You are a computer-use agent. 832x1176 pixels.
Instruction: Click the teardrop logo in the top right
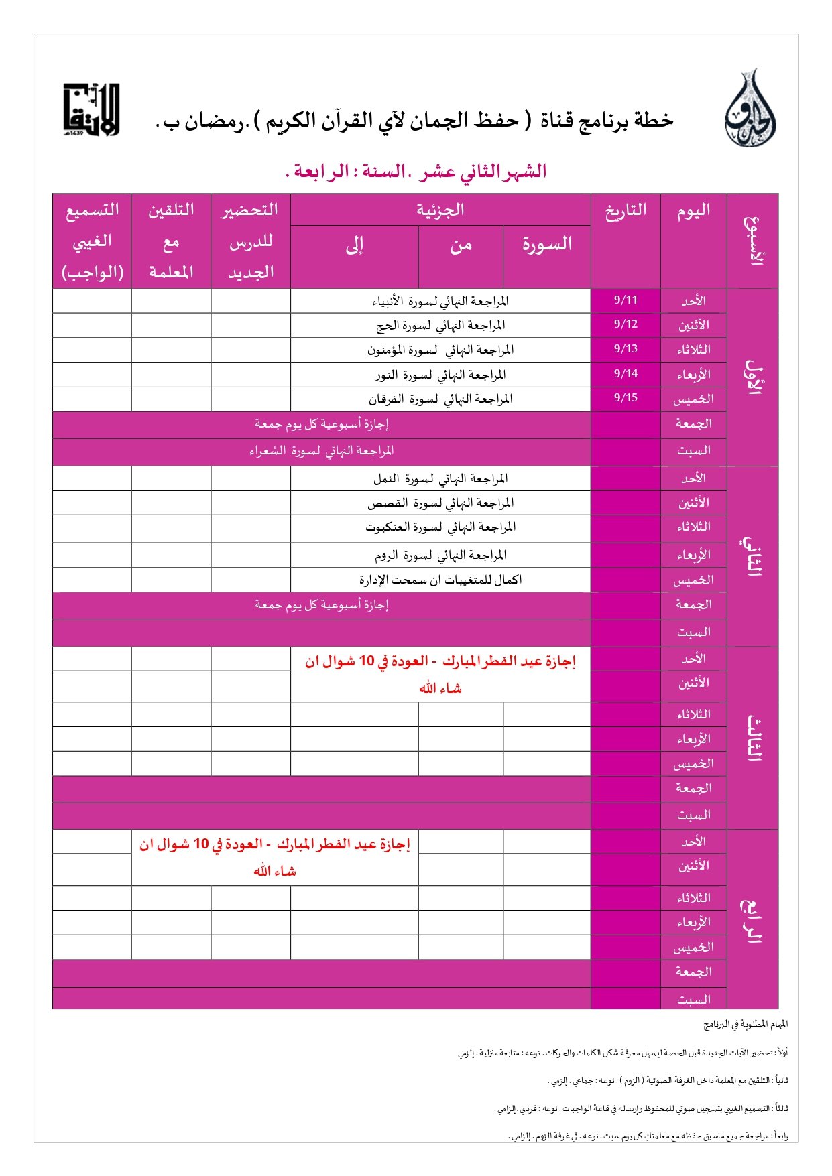750,110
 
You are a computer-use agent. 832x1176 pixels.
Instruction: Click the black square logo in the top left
91,110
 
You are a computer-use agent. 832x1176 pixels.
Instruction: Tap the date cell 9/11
626,300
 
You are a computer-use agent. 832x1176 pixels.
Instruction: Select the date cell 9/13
626,349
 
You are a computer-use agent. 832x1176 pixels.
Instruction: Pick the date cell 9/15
626,398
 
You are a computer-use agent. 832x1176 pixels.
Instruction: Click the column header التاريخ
626,210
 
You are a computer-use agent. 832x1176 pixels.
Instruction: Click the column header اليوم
693,210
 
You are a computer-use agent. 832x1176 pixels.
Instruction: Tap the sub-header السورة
547,244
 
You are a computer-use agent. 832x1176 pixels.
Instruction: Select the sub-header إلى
355,245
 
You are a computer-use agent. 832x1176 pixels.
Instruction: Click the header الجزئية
440,210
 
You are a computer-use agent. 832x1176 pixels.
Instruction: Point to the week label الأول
753,377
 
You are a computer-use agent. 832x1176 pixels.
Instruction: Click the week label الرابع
753,919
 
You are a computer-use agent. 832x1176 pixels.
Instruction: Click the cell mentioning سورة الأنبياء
440,301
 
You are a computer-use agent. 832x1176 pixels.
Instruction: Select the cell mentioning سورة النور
440,375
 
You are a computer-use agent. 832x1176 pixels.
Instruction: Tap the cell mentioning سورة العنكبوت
440,527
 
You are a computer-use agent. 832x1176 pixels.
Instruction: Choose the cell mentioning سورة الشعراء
322,451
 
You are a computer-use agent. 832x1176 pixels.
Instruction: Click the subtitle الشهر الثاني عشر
416,172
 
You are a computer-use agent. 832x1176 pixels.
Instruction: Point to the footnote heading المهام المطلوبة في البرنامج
746,1024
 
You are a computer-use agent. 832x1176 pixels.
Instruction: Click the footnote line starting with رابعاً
648,1136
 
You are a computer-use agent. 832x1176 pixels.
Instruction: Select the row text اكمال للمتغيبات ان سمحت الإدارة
440,580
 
